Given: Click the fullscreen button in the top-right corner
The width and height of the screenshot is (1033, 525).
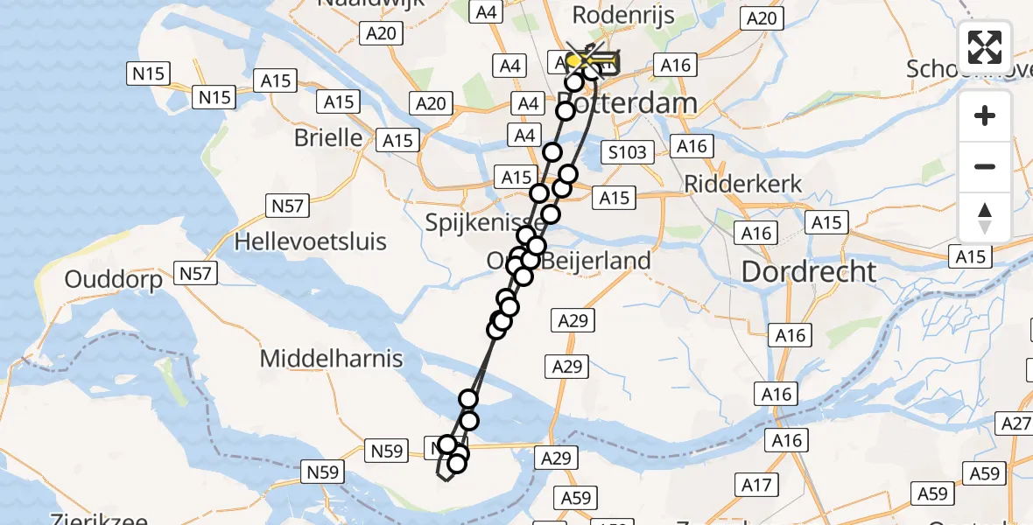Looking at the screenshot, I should click(985, 47).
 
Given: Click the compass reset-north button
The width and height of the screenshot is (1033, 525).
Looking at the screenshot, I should click(985, 218).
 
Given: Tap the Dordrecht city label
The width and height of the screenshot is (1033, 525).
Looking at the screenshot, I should click(808, 272).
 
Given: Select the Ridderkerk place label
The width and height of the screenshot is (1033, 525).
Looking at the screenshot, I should click(731, 185).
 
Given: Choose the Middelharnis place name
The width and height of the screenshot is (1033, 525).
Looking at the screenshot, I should click(331, 358).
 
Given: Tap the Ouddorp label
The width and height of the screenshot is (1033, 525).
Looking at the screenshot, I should click(114, 280).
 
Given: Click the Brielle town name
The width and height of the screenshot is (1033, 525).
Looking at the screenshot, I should click(328, 138).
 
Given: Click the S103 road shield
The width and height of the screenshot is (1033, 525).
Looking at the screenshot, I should click(628, 153).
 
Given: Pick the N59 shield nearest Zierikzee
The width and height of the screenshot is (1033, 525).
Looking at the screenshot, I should click(322, 472).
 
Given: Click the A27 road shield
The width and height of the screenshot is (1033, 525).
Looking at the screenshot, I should click(1015, 424).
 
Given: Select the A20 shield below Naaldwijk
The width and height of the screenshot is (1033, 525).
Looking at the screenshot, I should click(381, 34).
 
